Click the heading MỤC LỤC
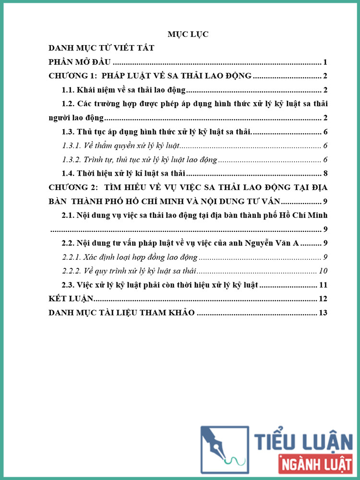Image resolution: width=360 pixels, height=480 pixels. pyautogui.click(x=188, y=35)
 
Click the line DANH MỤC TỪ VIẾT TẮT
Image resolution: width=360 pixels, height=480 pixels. pyautogui.click(x=101, y=48)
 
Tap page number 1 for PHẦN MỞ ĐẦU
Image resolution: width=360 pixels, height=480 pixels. pyautogui.click(x=325, y=62)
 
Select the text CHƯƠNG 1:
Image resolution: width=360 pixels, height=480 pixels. pyautogui.click(x=71, y=76)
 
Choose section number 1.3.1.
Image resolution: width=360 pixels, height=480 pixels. pyautogui.click(x=73, y=146)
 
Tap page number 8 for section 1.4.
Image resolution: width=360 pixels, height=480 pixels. pyautogui.click(x=325, y=174)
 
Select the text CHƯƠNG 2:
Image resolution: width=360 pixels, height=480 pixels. pyautogui.click(x=71, y=188)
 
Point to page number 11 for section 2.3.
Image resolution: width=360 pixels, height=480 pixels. pyautogui.click(x=323, y=285)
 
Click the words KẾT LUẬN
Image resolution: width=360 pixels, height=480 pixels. pyautogui.click(x=70, y=299)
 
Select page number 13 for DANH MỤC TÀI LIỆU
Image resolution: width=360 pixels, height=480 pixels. pyautogui.click(x=323, y=313)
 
